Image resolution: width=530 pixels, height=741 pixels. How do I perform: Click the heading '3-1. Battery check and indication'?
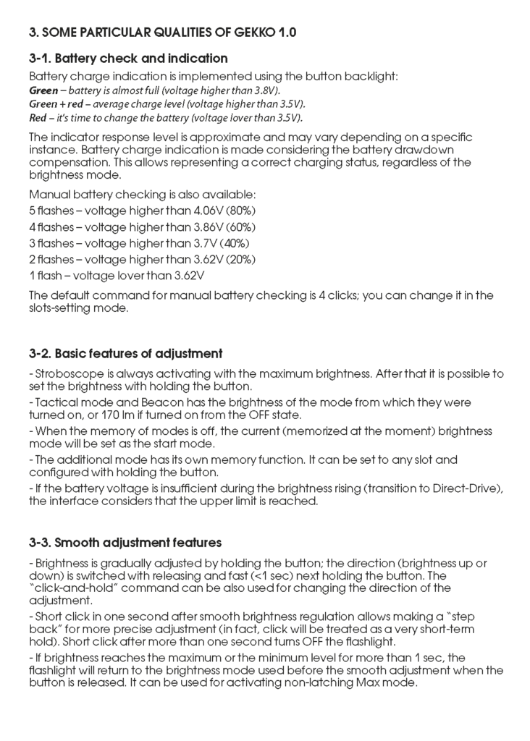[128, 58]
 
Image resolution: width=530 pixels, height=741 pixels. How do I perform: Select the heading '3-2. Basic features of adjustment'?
[125, 354]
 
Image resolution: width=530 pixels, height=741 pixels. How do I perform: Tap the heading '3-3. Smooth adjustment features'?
[125, 542]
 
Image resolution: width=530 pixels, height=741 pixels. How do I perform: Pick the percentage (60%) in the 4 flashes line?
[239, 226]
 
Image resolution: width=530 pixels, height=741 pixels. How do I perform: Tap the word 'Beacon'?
[146, 402]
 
